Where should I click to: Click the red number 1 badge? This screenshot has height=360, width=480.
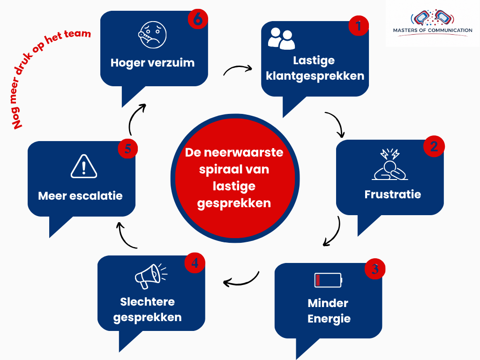359,26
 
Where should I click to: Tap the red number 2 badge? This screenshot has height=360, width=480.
434,146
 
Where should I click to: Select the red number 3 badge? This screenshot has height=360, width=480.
375,269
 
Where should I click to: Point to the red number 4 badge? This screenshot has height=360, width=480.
195,262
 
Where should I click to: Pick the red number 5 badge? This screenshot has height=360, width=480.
127,149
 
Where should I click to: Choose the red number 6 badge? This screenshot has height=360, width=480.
198,19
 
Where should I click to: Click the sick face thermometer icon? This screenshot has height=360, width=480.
152,35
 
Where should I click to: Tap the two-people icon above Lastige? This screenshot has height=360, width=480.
281,38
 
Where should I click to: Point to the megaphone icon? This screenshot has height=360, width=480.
151,276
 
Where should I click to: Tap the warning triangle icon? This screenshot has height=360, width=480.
84,166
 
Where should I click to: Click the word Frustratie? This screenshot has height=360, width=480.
393,195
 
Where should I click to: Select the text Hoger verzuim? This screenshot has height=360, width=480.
152,63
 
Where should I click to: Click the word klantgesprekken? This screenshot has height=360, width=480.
315,76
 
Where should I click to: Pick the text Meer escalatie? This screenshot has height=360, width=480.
80,196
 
